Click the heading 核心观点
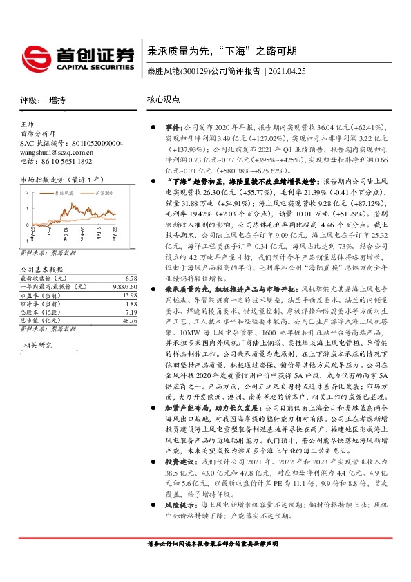point(164,100)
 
